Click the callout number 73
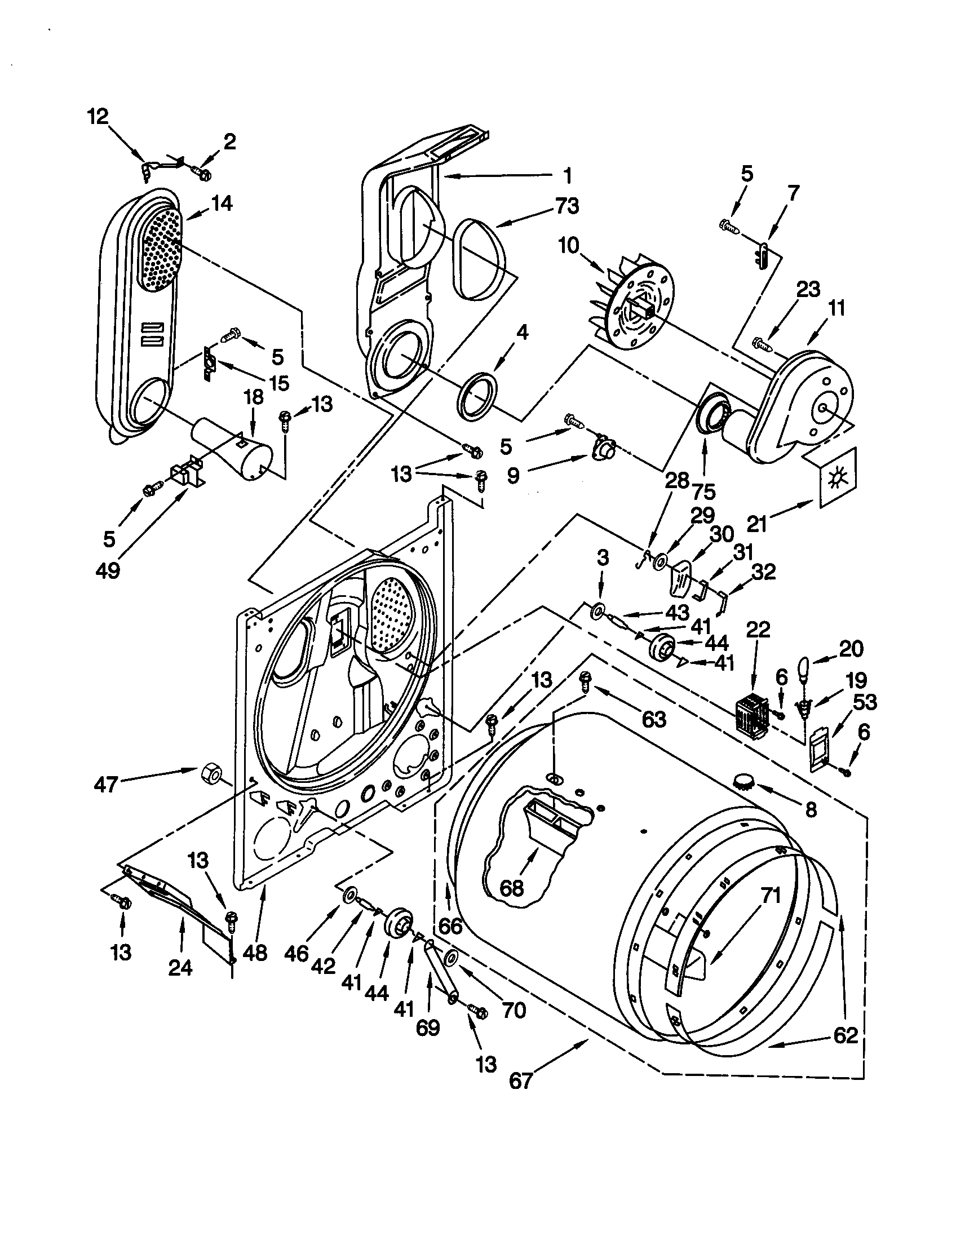[567, 206]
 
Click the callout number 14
[222, 203]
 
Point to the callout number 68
[511, 887]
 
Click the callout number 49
[107, 569]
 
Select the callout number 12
[98, 117]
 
